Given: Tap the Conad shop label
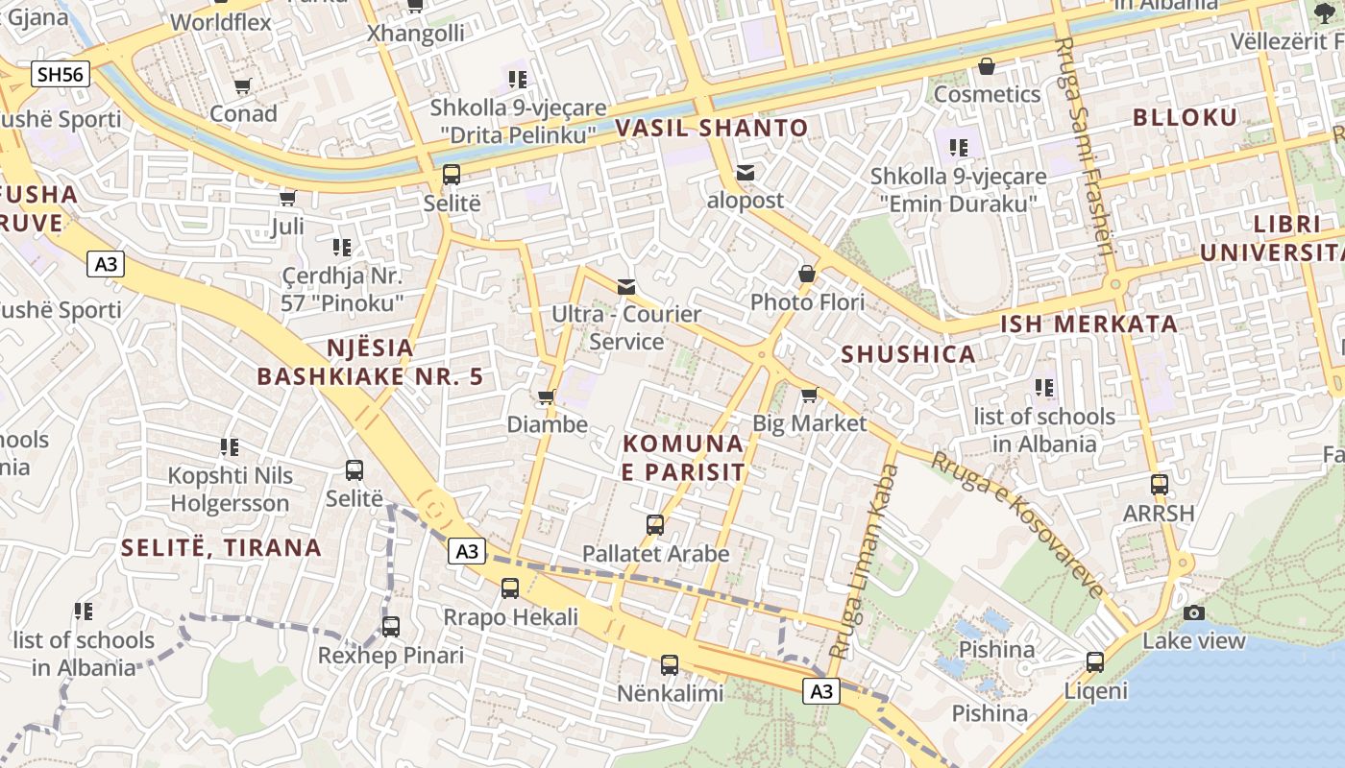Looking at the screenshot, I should point(243,113).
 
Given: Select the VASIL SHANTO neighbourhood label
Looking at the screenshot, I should point(712,128).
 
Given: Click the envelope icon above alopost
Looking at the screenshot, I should point(746,173).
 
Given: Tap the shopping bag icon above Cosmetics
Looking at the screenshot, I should point(986,66).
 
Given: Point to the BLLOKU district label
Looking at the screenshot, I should point(1185,117).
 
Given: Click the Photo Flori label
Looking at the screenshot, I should point(807,302).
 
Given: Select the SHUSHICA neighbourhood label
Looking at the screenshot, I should point(908,354).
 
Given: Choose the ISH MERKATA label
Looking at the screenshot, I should point(1088,324).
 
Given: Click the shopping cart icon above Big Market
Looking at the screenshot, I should point(809,396).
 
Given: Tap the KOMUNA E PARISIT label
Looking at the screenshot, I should point(683,457).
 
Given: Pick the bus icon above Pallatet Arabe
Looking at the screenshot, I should point(655,525).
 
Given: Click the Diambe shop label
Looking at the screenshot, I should point(547,423).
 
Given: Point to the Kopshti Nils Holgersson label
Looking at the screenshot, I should point(230,490).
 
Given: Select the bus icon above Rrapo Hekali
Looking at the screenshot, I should point(510,588).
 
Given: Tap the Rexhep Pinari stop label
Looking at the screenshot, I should point(390,656).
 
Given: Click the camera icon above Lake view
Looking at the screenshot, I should point(1193,612).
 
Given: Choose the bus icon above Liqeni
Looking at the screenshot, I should point(1094,661).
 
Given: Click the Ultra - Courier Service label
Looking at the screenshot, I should point(626,327).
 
